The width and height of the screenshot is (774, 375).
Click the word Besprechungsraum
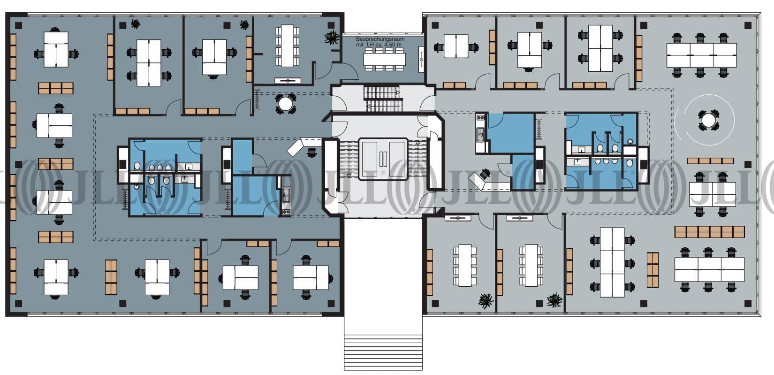click(x=380, y=39)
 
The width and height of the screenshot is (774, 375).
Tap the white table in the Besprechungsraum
click(x=384, y=59)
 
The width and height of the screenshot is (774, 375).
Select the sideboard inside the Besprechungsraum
click(x=421, y=60)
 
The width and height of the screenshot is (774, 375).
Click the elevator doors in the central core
click(x=383, y=159)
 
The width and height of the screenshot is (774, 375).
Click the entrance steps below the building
click(x=383, y=352)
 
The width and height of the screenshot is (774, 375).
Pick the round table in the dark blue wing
click(x=285, y=103)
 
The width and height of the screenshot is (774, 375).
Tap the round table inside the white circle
click(x=708, y=120)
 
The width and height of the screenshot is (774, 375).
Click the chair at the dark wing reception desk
click(x=312, y=153)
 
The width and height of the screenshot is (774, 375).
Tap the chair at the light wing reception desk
click(x=485, y=174)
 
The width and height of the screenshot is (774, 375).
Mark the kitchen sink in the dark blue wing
click(x=286, y=195)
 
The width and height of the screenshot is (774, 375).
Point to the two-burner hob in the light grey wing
click(x=480, y=118)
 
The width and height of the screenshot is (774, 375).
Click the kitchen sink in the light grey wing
click(x=481, y=134)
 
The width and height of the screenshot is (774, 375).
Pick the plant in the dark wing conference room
click(x=332, y=38)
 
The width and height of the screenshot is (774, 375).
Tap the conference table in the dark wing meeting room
click(x=287, y=46)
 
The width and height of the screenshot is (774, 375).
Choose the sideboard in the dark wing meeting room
click(x=288, y=81)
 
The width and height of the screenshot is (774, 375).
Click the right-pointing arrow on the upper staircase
click(x=397, y=92)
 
